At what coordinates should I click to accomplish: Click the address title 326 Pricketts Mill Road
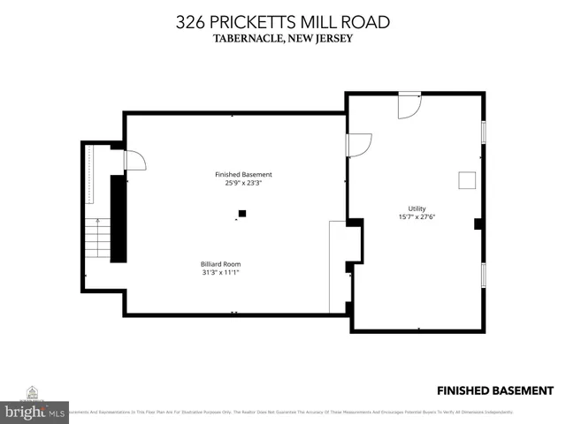pyautogui.click(x=282, y=20)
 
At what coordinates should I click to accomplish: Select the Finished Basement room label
pyautogui.click(x=243, y=174)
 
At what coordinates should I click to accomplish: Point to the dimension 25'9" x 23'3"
pyautogui.click(x=243, y=184)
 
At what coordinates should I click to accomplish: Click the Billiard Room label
pyautogui.click(x=220, y=263)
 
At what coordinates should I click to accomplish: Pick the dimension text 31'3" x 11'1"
pyautogui.click(x=220, y=273)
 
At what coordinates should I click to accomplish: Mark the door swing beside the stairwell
pyautogui.click(x=134, y=160)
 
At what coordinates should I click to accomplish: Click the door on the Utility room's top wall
pyautogui.click(x=409, y=106)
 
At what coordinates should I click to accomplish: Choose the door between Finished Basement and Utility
pyautogui.click(x=358, y=145)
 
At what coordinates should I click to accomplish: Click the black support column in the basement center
pyautogui.click(x=241, y=213)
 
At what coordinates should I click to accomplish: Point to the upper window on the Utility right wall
pyautogui.click(x=483, y=132)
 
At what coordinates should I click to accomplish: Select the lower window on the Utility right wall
pyautogui.click(x=483, y=275)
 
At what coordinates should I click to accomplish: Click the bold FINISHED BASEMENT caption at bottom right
pyautogui.click(x=495, y=390)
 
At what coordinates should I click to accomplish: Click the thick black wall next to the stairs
pyautogui.click(x=118, y=217)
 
